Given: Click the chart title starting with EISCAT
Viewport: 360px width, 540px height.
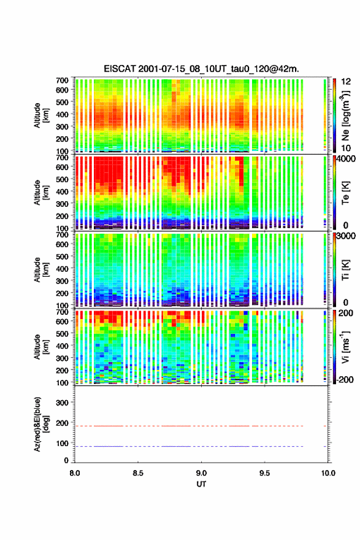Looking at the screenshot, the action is pyautogui.click(x=201, y=69).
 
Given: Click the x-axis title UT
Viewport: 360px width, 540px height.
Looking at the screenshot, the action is pyautogui.click(x=201, y=484).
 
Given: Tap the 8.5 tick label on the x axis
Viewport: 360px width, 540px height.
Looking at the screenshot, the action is pyautogui.click(x=138, y=473).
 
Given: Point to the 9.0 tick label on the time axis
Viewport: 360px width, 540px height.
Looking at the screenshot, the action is pyautogui.click(x=201, y=473).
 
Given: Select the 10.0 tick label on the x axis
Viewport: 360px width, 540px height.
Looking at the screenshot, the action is pyautogui.click(x=328, y=473).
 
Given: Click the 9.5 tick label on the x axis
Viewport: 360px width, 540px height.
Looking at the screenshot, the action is pyautogui.click(x=265, y=473).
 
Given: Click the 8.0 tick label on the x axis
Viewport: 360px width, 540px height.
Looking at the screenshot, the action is pyautogui.click(x=75, y=473).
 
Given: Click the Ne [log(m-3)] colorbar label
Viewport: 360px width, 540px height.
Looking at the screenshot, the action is pyautogui.click(x=346, y=115).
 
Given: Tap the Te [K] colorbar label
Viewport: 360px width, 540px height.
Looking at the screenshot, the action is pyautogui.click(x=345, y=193).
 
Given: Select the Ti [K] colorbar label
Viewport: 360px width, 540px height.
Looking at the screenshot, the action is pyautogui.click(x=345, y=269).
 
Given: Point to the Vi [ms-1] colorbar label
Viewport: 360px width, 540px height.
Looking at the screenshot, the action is pyautogui.click(x=345, y=347).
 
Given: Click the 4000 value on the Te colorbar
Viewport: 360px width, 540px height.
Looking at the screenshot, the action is pyautogui.click(x=347, y=160).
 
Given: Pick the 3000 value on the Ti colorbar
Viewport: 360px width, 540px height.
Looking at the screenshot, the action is pyautogui.click(x=347, y=236).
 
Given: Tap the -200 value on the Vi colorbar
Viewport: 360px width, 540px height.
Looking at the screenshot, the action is pyautogui.click(x=345, y=379).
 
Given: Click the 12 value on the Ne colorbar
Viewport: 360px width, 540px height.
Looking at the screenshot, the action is pyautogui.click(x=346, y=82).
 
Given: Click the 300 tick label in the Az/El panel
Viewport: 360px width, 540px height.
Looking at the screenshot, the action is pyautogui.click(x=63, y=403).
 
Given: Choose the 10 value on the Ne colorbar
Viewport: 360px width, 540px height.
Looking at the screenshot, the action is pyautogui.click(x=346, y=148).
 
